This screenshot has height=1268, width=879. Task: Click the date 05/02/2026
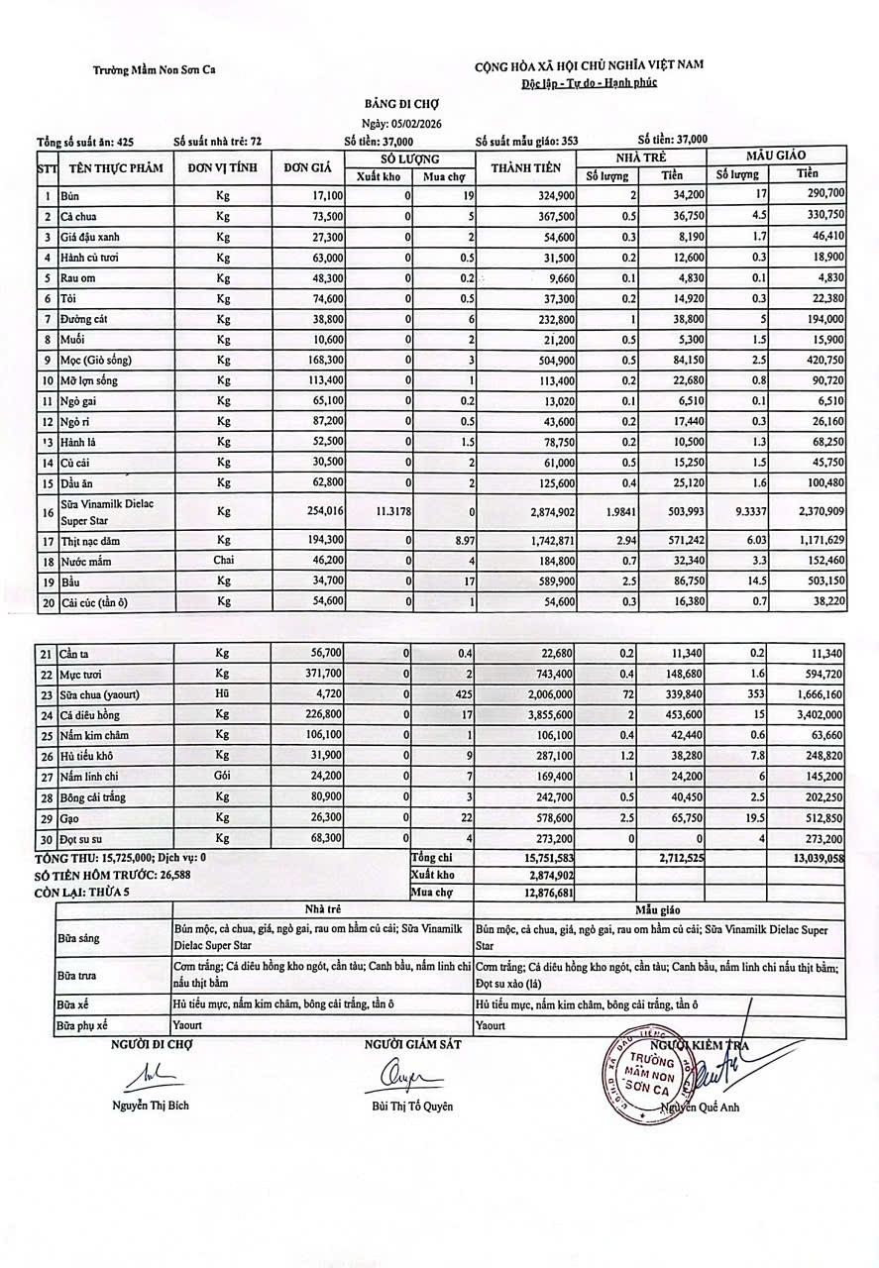pyautogui.click(x=416, y=122)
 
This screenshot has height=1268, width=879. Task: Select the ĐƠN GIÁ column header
pyautogui.click(x=306, y=167)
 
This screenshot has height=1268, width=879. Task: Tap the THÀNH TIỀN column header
pyautogui.click(x=526, y=167)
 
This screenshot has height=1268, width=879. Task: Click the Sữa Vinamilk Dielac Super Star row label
pyautogui.click(x=100, y=511)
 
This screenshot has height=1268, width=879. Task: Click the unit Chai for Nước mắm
pyautogui.click(x=222, y=561)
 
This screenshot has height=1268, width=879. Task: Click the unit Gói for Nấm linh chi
pyautogui.click(x=222, y=777)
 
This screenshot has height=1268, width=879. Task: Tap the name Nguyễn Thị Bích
pyautogui.click(x=150, y=1106)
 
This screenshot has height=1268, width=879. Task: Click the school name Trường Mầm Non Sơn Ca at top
pyautogui.click(x=155, y=69)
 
